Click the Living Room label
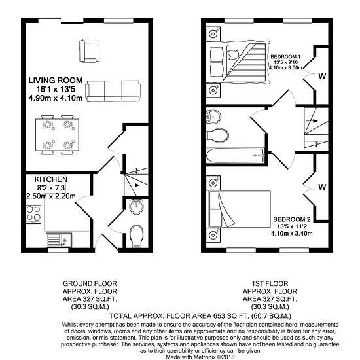click(x=56, y=81)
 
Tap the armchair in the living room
click(x=89, y=51)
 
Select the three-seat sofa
click(x=113, y=91)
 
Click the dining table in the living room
click(x=57, y=135)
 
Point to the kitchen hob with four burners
click(x=33, y=214)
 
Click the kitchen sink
click(x=59, y=240)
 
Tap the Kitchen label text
click(x=51, y=179)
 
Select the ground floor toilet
click(x=136, y=236)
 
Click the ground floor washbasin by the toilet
click(x=137, y=206)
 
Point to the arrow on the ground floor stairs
click(x=137, y=185)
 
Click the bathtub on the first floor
click(x=234, y=156)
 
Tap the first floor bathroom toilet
click(x=217, y=135)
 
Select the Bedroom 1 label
click(x=285, y=56)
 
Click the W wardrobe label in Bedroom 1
click(x=322, y=76)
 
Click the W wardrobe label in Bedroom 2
click(x=322, y=187)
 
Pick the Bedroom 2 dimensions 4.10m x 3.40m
click(x=291, y=234)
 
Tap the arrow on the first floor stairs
click(x=314, y=121)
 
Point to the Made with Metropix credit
click(x=200, y=357)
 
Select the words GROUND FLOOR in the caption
click(x=90, y=284)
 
